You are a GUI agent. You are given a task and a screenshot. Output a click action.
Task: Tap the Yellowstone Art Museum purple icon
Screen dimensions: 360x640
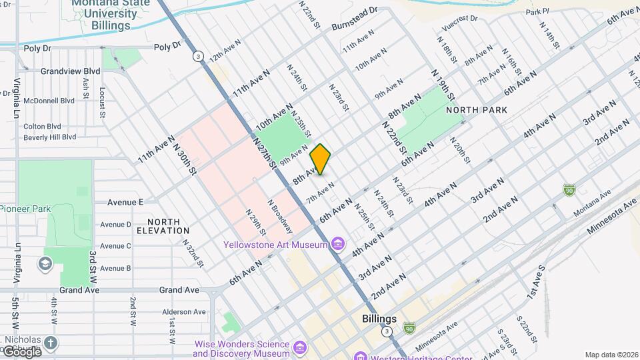point(339,245)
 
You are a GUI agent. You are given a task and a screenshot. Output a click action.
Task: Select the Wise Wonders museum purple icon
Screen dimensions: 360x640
point(300,348)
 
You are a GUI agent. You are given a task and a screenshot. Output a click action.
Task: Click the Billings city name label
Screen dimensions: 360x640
point(379,319)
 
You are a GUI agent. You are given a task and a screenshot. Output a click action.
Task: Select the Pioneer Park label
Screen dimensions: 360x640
point(25,209)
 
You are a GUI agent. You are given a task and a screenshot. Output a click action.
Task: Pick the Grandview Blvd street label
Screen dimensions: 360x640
point(70,71)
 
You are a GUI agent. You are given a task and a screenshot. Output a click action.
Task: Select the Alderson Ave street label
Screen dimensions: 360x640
point(184,311)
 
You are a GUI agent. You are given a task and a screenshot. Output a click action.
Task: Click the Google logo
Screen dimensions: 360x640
point(21,351)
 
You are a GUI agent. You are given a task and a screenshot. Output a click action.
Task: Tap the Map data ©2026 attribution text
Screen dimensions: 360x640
point(611,355)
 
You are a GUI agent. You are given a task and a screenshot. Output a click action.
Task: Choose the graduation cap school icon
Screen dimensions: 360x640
point(45,263)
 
